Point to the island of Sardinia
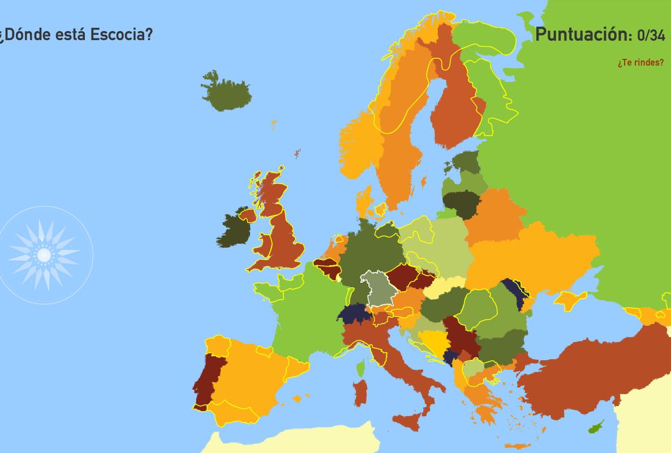[x=360, y=394]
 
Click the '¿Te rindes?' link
[x=640, y=62]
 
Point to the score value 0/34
[x=651, y=35]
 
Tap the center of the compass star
[x=44, y=255]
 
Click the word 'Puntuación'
[x=583, y=34]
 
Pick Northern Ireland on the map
[x=247, y=215]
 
